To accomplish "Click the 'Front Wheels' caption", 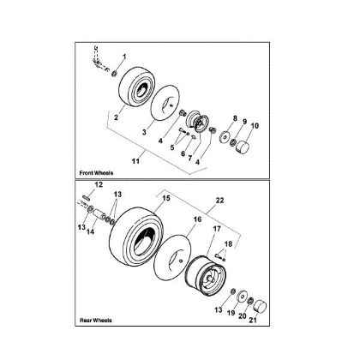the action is pos(96,173).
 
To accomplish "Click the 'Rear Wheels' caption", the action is pos(96,320).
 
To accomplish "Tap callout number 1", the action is pos(124,57).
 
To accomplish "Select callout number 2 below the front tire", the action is pos(117,117).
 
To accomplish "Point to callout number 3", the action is pos(144,132).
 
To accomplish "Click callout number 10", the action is pos(255,125).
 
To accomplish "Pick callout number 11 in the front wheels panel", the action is pos(135,161).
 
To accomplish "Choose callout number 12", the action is pos(99,184).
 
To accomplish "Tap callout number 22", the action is pos(219,201).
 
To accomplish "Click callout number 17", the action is pos(217,229).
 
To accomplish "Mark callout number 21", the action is pos(253,320).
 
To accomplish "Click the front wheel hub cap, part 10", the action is pos(243,147).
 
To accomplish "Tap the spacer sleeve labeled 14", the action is pos(99,215).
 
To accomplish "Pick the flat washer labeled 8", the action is pos(225,137).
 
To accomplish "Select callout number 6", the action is pos(183,153).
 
